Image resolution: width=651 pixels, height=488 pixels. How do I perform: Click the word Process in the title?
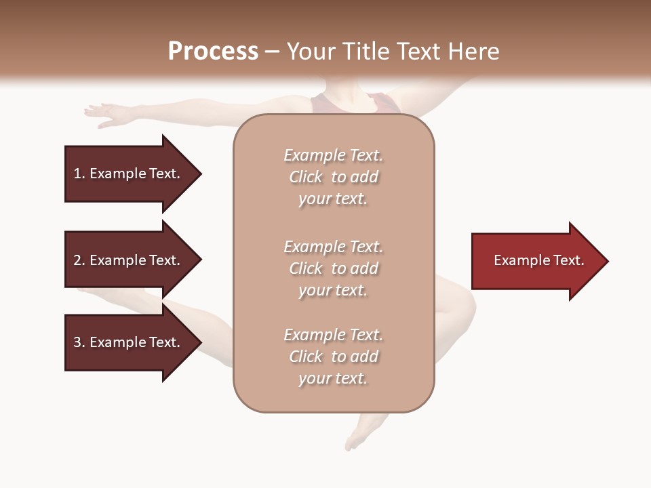213,52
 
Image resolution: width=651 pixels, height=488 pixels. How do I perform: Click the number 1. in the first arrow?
79,174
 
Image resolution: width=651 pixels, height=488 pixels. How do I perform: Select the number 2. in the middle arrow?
79,260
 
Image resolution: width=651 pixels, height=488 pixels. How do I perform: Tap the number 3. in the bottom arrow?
79,342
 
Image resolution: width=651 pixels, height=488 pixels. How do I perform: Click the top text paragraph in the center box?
333,177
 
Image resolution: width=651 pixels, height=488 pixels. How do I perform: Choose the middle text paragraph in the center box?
333,268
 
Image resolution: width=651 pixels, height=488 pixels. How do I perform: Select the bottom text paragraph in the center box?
333,357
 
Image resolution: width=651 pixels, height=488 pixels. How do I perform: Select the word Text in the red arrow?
568,260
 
